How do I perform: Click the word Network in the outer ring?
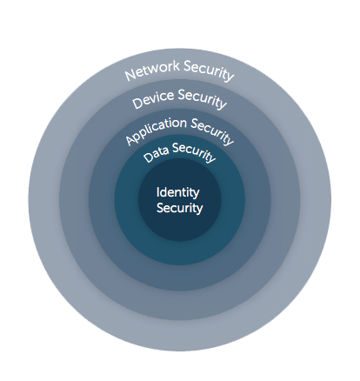[152, 70]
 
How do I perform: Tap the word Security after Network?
[209, 70]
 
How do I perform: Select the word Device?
[153, 99]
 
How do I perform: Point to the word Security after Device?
[202, 99]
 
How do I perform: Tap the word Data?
[156, 152]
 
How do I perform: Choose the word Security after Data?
[194, 152]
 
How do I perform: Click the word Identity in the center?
[177, 192]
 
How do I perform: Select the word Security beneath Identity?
[179, 208]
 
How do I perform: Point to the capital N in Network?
[130, 75]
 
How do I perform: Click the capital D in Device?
[137, 103]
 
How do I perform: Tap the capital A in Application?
[130, 140]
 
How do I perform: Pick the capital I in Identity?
[157, 191]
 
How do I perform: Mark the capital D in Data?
[148, 157]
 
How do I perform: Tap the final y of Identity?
[197, 195]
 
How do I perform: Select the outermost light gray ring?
[43, 200]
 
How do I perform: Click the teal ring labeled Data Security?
[180, 253]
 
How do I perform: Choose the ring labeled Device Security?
[75, 200]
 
